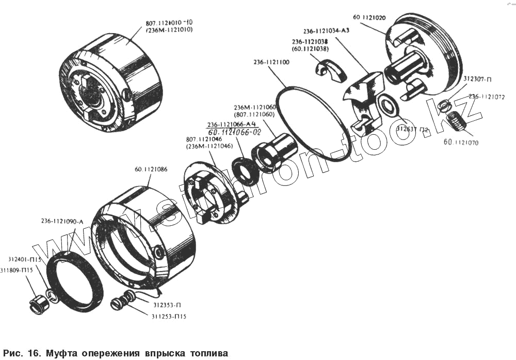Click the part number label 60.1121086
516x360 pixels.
[151, 169]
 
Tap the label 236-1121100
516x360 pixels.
[271, 62]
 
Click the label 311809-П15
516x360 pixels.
[17, 270]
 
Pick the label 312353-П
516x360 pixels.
[166, 305]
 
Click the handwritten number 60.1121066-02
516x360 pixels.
[235, 133]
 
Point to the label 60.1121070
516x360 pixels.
[460, 140]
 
